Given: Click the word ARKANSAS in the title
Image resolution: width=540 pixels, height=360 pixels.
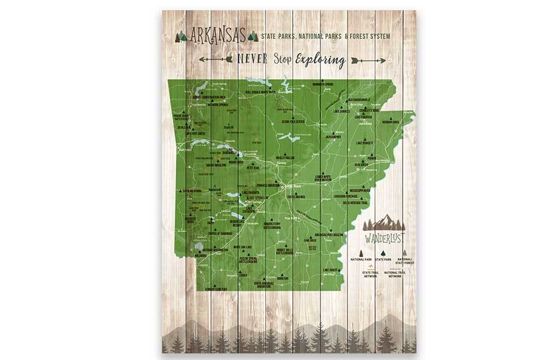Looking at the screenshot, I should [217, 36].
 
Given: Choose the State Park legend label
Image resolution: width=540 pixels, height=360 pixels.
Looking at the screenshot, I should [383, 259].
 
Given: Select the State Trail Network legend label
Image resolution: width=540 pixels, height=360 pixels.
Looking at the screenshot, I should [370, 274].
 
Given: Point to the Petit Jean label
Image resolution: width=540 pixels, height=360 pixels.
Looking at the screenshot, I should [253, 169].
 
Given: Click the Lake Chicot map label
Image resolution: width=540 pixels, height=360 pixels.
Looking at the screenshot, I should [331, 270].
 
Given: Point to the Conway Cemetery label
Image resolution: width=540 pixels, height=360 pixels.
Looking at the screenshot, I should [217, 289].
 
